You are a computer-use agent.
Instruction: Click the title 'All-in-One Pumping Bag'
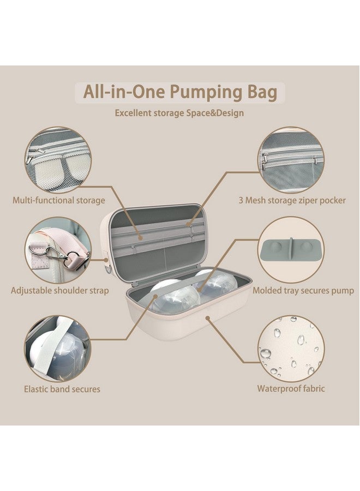[x=180, y=92]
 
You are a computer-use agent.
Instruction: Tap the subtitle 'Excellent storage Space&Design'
[x=179, y=113]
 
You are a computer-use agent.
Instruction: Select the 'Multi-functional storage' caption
[x=58, y=200]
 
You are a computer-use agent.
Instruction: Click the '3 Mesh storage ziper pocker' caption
[x=292, y=200]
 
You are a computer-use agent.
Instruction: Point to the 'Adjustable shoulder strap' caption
[x=60, y=291]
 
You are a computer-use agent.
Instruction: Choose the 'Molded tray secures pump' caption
[x=303, y=291]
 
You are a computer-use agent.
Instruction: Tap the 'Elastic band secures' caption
[x=62, y=389]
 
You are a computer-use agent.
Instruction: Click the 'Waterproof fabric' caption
[x=291, y=388]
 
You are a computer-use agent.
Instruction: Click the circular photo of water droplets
[x=291, y=348]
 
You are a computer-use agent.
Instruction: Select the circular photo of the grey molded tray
[x=291, y=249]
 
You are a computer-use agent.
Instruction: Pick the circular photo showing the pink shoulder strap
[x=58, y=249]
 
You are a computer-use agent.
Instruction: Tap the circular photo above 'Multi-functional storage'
[x=58, y=160]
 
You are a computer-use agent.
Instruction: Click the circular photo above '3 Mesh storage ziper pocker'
[x=291, y=160]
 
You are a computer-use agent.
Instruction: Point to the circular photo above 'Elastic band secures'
[x=58, y=348]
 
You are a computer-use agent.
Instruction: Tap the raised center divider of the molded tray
[x=291, y=249]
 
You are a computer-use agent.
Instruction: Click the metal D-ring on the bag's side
[x=108, y=270]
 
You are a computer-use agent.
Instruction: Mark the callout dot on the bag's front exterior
[x=208, y=318]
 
